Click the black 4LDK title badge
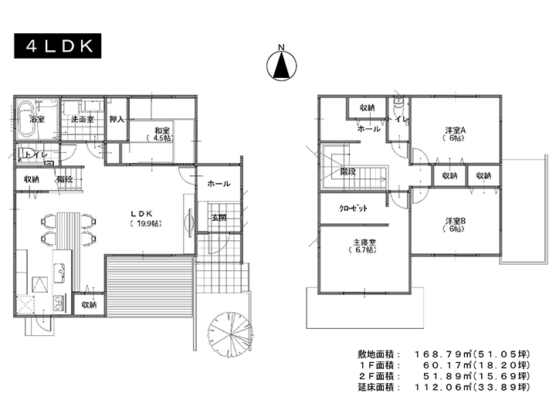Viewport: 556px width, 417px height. (x=57, y=46)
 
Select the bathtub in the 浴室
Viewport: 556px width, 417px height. (x=26, y=120)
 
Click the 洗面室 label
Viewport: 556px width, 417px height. (x=83, y=119)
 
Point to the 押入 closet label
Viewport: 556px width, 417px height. (x=117, y=119)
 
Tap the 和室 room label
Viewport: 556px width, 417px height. (x=161, y=131)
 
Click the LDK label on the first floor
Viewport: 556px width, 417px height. (x=141, y=213)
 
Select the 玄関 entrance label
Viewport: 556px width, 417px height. (x=219, y=218)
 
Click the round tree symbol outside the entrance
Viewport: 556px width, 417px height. (x=230, y=332)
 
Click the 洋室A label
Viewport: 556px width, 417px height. (x=456, y=131)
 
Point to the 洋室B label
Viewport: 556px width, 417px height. (x=456, y=221)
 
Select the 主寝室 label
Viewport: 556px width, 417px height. (x=364, y=242)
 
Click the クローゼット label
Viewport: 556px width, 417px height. (x=353, y=208)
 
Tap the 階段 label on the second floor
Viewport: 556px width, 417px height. (x=347, y=172)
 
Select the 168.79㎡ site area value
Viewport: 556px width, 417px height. (x=443, y=354)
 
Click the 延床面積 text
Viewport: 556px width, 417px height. (x=376, y=387)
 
